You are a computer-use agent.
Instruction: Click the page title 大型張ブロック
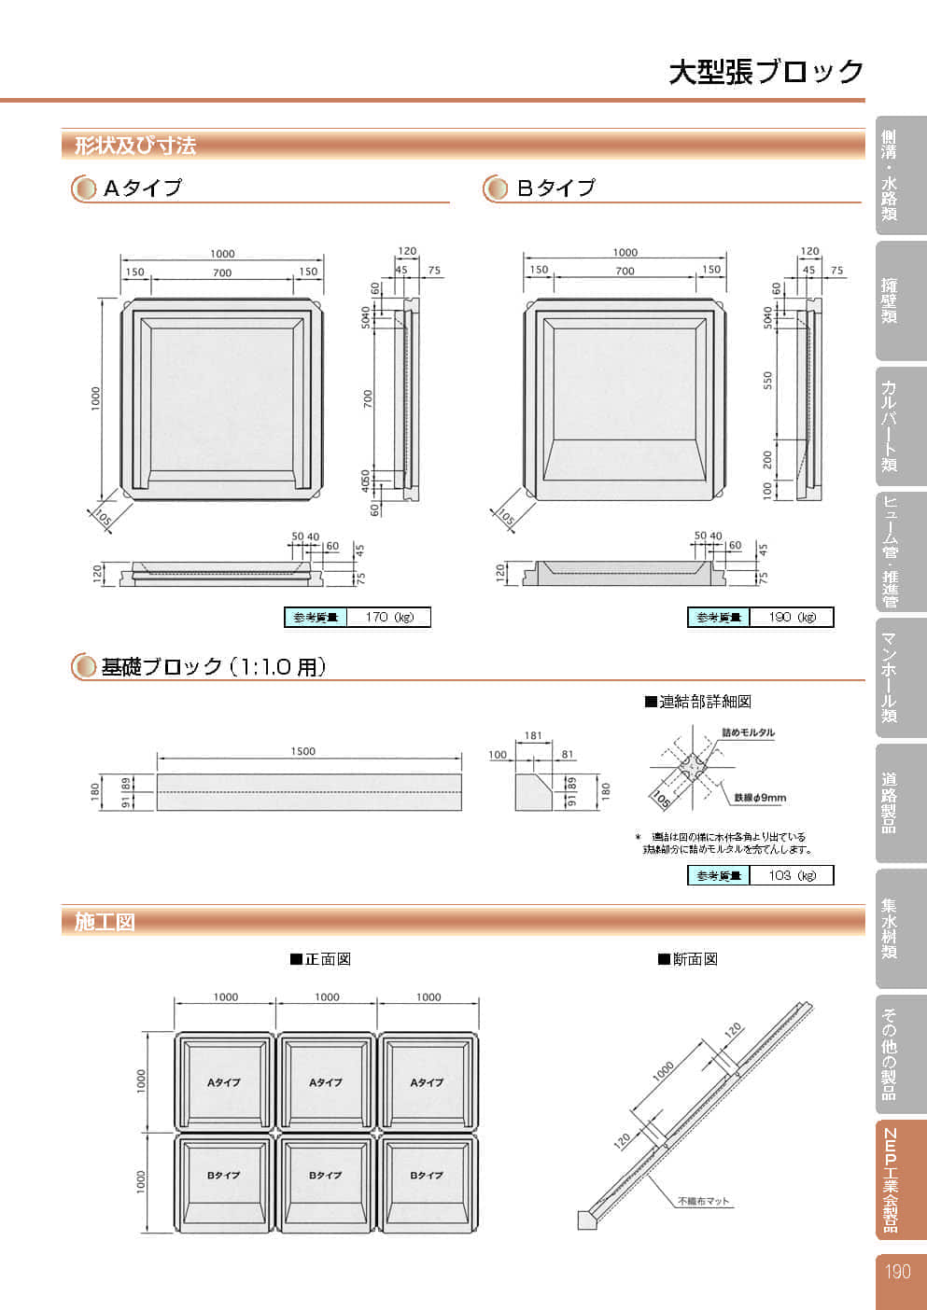click(x=765, y=72)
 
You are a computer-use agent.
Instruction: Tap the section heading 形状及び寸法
click(x=135, y=146)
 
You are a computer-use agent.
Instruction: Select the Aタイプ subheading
click(x=142, y=188)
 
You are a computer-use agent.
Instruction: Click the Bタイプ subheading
click(x=555, y=188)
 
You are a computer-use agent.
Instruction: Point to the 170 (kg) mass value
click(x=388, y=617)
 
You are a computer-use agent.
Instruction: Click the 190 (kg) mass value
click(x=792, y=617)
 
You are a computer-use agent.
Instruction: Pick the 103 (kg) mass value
click(x=792, y=875)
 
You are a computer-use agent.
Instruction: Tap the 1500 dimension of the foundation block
click(x=303, y=751)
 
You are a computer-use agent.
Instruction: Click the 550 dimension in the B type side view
click(x=768, y=381)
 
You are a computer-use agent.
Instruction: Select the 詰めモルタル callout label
click(x=748, y=733)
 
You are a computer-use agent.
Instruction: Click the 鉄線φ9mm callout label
click(x=760, y=798)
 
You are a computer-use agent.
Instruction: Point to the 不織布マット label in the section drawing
click(x=703, y=1201)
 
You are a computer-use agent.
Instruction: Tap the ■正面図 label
click(x=320, y=959)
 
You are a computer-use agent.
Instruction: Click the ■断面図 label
click(x=688, y=959)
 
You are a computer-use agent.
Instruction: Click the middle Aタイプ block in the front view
click(x=326, y=1081)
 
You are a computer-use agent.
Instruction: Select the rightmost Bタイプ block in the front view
click(x=428, y=1175)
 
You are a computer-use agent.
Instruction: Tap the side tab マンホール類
click(x=890, y=677)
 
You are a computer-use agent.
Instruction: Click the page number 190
click(x=897, y=1272)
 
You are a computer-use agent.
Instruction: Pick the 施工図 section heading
click(x=105, y=922)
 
